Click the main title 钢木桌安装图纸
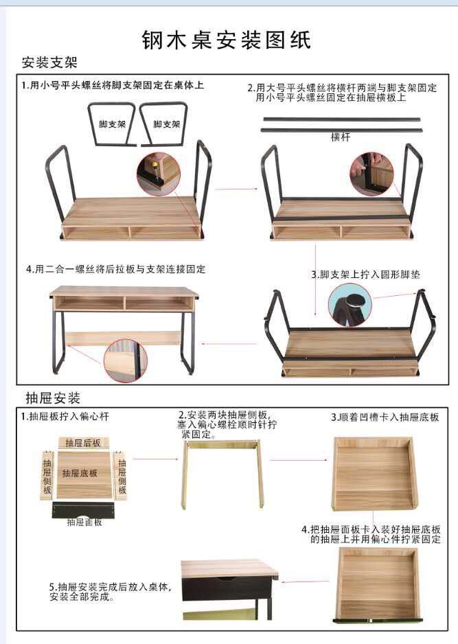coord(227,40)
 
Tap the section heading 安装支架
coord(49,63)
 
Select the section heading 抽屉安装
coord(53,398)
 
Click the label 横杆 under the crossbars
coord(341,137)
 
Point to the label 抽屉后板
coord(83,443)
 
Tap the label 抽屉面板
coord(84,522)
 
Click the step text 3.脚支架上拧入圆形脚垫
coord(365,274)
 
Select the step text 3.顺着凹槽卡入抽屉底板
coord(385,417)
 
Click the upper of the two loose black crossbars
coord(340,119)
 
